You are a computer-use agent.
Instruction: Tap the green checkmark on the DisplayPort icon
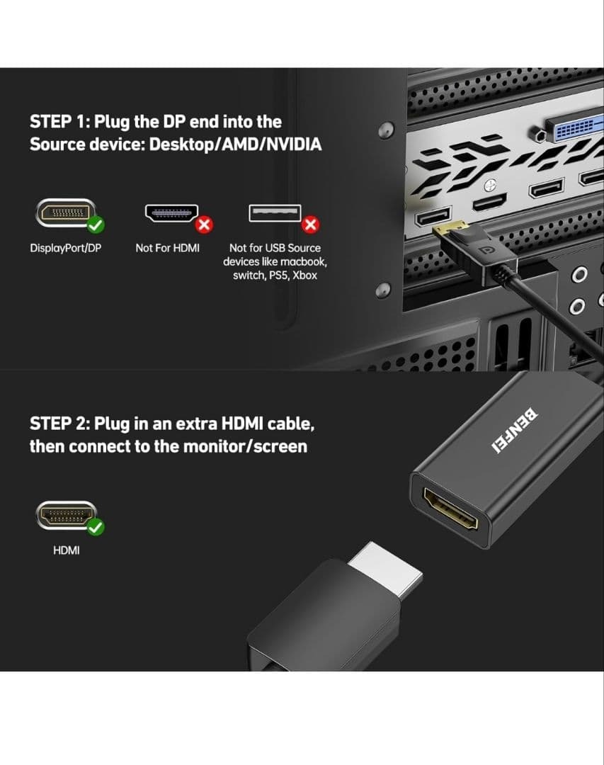point(96,225)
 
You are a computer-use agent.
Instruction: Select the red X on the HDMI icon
point(205,225)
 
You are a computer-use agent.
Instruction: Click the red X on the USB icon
point(310,225)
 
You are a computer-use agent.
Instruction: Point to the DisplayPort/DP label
point(66,248)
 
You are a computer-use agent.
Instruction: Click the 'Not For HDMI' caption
point(167,248)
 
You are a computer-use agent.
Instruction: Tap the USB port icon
point(275,213)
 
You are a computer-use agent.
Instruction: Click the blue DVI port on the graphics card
point(575,128)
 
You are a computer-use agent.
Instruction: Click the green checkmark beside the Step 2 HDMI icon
point(96,527)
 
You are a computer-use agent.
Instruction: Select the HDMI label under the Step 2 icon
point(67,550)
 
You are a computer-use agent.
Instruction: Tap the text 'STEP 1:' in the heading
point(59,122)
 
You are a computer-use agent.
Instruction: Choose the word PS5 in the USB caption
point(278,275)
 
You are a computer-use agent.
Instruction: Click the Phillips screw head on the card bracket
point(490,186)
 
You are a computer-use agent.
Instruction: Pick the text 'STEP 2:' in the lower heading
point(59,424)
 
